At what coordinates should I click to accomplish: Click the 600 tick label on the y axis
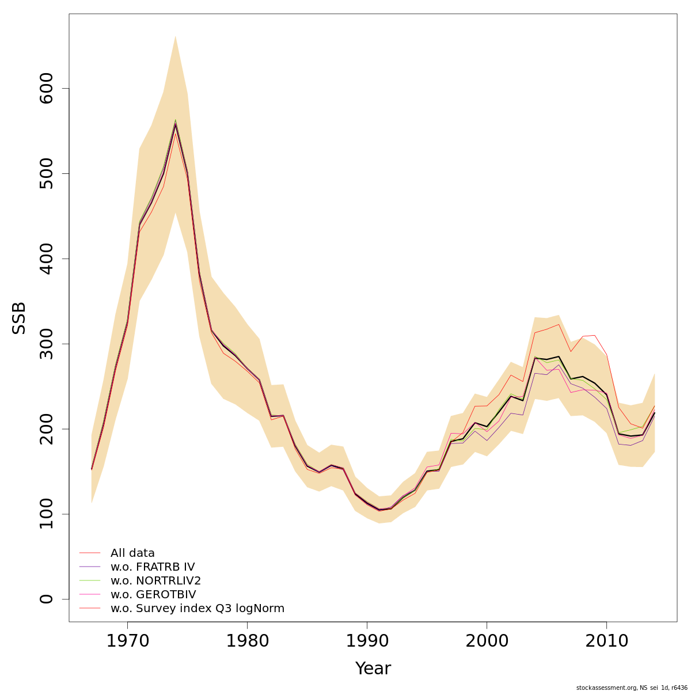click(x=47, y=89)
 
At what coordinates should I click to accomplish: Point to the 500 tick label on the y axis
click(x=47, y=174)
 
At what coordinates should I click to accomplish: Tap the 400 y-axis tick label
click(x=47, y=259)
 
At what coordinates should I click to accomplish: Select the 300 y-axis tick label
click(x=47, y=344)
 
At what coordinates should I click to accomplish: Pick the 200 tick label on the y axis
click(x=47, y=429)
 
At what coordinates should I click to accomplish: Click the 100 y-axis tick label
click(x=47, y=514)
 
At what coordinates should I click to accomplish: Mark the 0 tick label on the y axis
click(x=47, y=599)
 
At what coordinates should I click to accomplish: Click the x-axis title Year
click(x=373, y=669)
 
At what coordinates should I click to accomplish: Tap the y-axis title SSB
click(x=20, y=318)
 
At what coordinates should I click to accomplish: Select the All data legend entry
click(x=132, y=553)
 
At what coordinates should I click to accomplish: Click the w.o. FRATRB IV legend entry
click(x=153, y=567)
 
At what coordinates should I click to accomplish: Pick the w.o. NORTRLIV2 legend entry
click(x=155, y=581)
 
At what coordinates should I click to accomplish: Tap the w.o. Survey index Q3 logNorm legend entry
click(x=197, y=609)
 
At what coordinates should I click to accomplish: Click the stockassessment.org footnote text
click(x=631, y=688)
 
